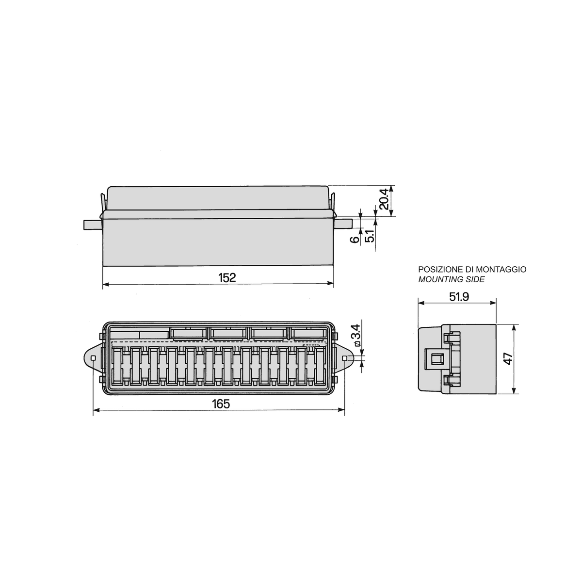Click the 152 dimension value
pyautogui.click(x=227, y=277)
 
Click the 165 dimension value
pyautogui.click(x=221, y=404)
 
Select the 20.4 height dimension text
pyautogui.click(x=384, y=199)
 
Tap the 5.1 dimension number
pyautogui.click(x=370, y=236)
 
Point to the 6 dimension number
pyautogui.click(x=355, y=239)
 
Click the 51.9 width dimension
pyautogui.click(x=459, y=297)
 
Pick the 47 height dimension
pyautogui.click(x=509, y=358)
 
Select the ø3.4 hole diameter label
pyautogui.click(x=356, y=335)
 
